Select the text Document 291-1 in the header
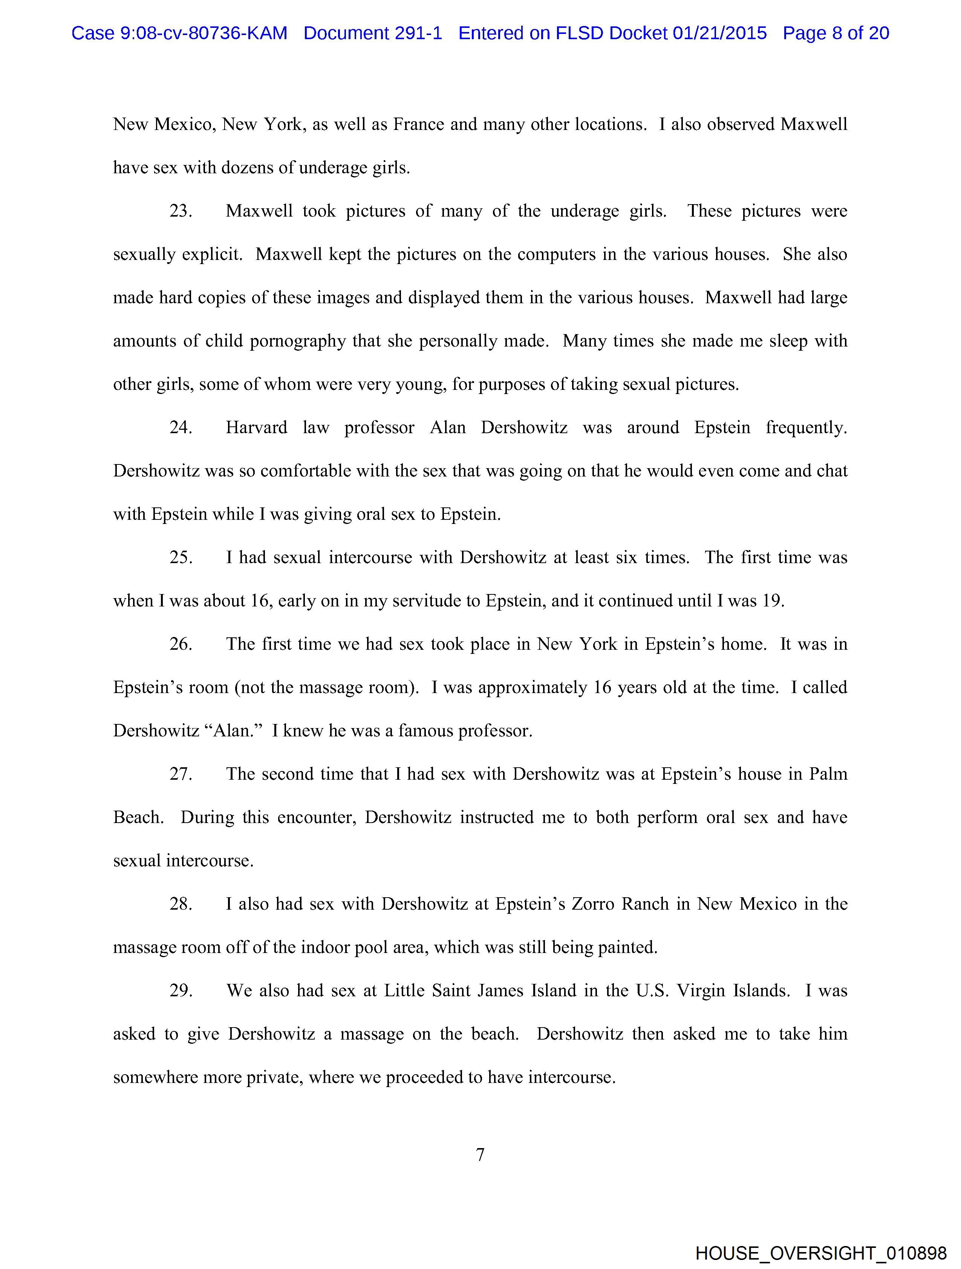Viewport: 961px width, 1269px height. click(x=373, y=33)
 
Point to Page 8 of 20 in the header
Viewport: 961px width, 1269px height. click(x=836, y=33)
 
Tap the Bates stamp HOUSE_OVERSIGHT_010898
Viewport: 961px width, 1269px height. click(x=821, y=1253)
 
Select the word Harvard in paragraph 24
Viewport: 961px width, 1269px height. click(x=257, y=428)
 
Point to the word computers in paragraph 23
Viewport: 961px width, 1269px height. click(x=553, y=254)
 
